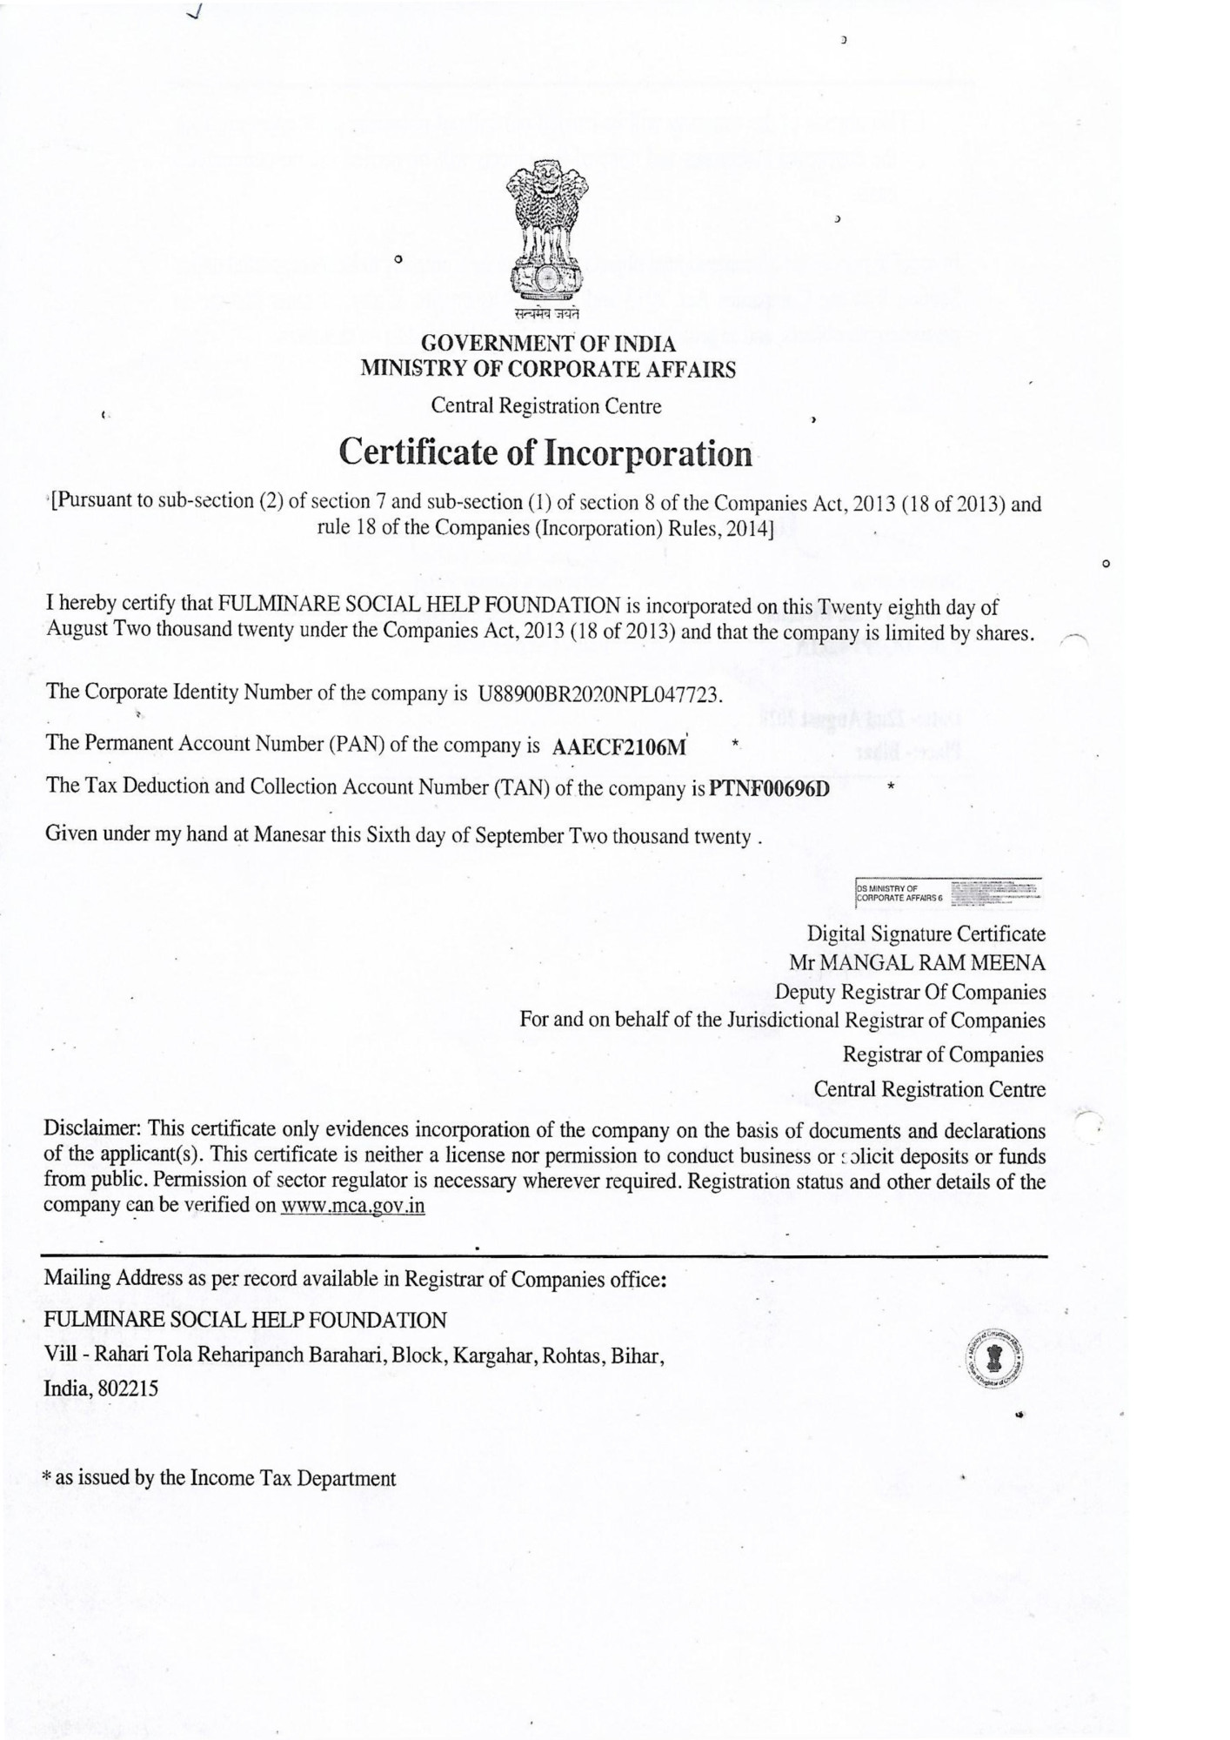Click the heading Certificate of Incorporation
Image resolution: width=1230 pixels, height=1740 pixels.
tap(545, 453)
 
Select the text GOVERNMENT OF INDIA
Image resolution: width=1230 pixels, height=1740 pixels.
tap(548, 345)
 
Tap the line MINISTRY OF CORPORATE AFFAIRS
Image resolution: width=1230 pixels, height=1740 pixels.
tap(548, 369)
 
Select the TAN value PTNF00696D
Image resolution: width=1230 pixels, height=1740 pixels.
tap(770, 788)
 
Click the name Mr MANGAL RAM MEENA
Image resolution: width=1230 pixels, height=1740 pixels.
tap(917, 963)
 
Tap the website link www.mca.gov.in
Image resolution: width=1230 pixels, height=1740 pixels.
tap(353, 1207)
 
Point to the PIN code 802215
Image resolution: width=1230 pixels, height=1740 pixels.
tap(128, 1389)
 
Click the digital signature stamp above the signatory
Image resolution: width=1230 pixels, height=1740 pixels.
tap(949, 890)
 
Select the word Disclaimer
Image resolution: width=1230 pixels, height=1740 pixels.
tap(92, 1130)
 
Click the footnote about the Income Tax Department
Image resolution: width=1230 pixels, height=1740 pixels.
tap(220, 1478)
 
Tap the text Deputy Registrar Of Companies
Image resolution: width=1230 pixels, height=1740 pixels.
tap(911, 992)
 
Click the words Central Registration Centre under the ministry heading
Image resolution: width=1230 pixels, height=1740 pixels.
tap(546, 406)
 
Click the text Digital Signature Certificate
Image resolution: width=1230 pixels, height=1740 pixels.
tap(926, 934)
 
